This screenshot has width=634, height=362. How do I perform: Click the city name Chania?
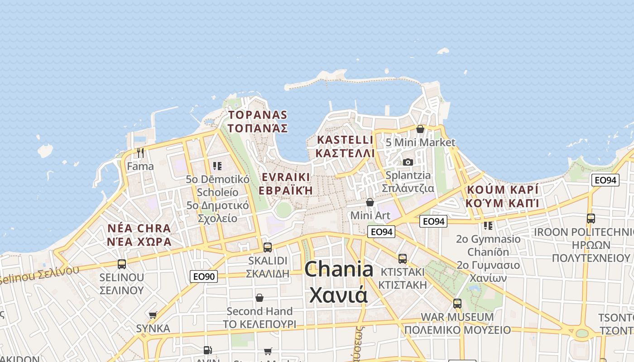click(339, 270)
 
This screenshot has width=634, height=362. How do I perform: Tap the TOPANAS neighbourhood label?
click(258, 115)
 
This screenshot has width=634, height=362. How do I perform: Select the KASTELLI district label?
click(346, 140)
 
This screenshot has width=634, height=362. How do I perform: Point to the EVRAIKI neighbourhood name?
click(285, 177)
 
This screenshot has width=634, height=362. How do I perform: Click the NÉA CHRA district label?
click(139, 228)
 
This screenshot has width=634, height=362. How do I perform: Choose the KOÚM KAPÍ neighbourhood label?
click(502, 190)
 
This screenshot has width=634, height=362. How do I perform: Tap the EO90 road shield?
click(203, 276)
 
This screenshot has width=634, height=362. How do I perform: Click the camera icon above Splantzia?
click(408, 162)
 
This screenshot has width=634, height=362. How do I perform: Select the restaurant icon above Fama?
click(140, 153)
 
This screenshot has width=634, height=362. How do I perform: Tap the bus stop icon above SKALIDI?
click(268, 247)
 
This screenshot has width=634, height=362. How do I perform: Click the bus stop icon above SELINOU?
click(121, 264)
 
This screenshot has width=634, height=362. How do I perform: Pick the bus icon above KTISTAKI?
click(403, 258)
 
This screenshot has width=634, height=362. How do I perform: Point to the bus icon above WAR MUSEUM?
click(457, 303)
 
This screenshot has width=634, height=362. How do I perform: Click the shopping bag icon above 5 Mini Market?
click(420, 129)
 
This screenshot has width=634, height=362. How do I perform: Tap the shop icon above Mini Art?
click(370, 202)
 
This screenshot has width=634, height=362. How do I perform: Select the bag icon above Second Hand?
click(259, 298)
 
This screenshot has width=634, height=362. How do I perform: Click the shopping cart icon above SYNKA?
click(153, 315)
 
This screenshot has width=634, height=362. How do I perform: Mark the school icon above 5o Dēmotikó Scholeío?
click(217, 166)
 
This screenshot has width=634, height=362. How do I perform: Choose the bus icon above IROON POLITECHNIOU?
click(591, 219)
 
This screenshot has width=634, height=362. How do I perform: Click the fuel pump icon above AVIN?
click(207, 350)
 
